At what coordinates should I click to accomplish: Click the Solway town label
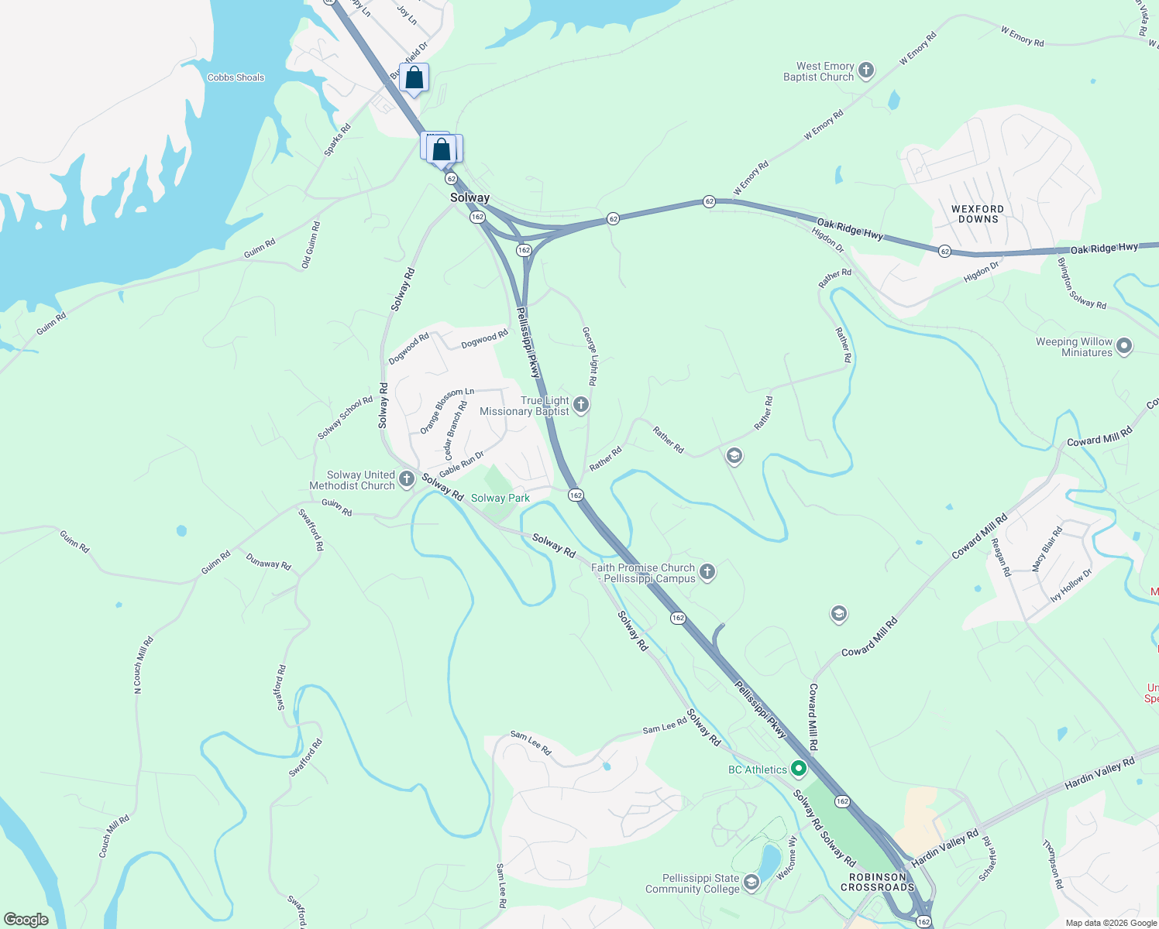469,197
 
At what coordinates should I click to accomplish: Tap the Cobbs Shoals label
236,77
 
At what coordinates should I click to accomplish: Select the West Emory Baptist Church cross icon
866,71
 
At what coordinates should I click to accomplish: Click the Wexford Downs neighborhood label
978,214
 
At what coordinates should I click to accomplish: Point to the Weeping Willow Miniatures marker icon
1124,347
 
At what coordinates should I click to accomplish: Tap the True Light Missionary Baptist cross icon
581,405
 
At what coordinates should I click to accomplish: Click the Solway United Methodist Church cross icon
407,480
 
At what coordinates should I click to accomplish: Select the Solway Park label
500,498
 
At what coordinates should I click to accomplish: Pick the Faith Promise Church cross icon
707,572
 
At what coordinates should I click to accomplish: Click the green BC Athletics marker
799,769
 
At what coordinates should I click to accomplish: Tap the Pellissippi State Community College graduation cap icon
751,883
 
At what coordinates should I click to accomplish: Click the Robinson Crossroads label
877,882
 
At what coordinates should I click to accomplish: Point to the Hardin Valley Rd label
1099,773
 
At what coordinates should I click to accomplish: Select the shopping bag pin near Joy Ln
414,77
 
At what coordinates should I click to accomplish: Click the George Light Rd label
590,356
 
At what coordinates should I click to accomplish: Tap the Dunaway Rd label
268,561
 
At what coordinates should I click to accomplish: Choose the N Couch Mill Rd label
143,664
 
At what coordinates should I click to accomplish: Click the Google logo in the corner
26,919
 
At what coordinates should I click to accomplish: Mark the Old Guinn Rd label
311,245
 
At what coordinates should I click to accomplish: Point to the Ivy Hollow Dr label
1071,585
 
